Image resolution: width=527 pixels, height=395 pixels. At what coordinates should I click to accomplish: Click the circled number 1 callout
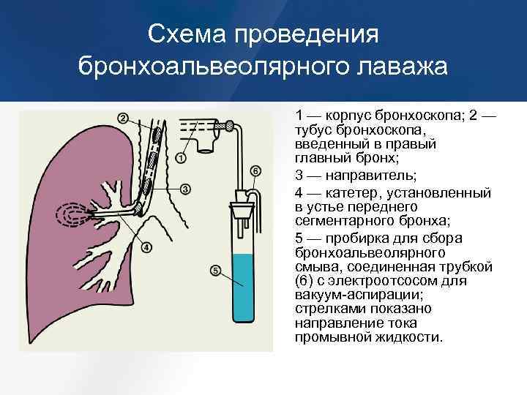click(x=181, y=156)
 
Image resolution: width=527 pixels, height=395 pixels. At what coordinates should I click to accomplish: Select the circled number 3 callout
click(x=186, y=189)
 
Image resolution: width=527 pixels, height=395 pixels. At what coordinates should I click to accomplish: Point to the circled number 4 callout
click(x=146, y=247)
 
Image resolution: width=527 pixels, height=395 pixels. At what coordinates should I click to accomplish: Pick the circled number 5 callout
click(x=216, y=271)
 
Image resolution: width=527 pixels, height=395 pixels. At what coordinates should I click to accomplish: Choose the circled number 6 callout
click(x=255, y=171)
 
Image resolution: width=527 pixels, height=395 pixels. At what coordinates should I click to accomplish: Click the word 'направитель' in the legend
click(x=354, y=176)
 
